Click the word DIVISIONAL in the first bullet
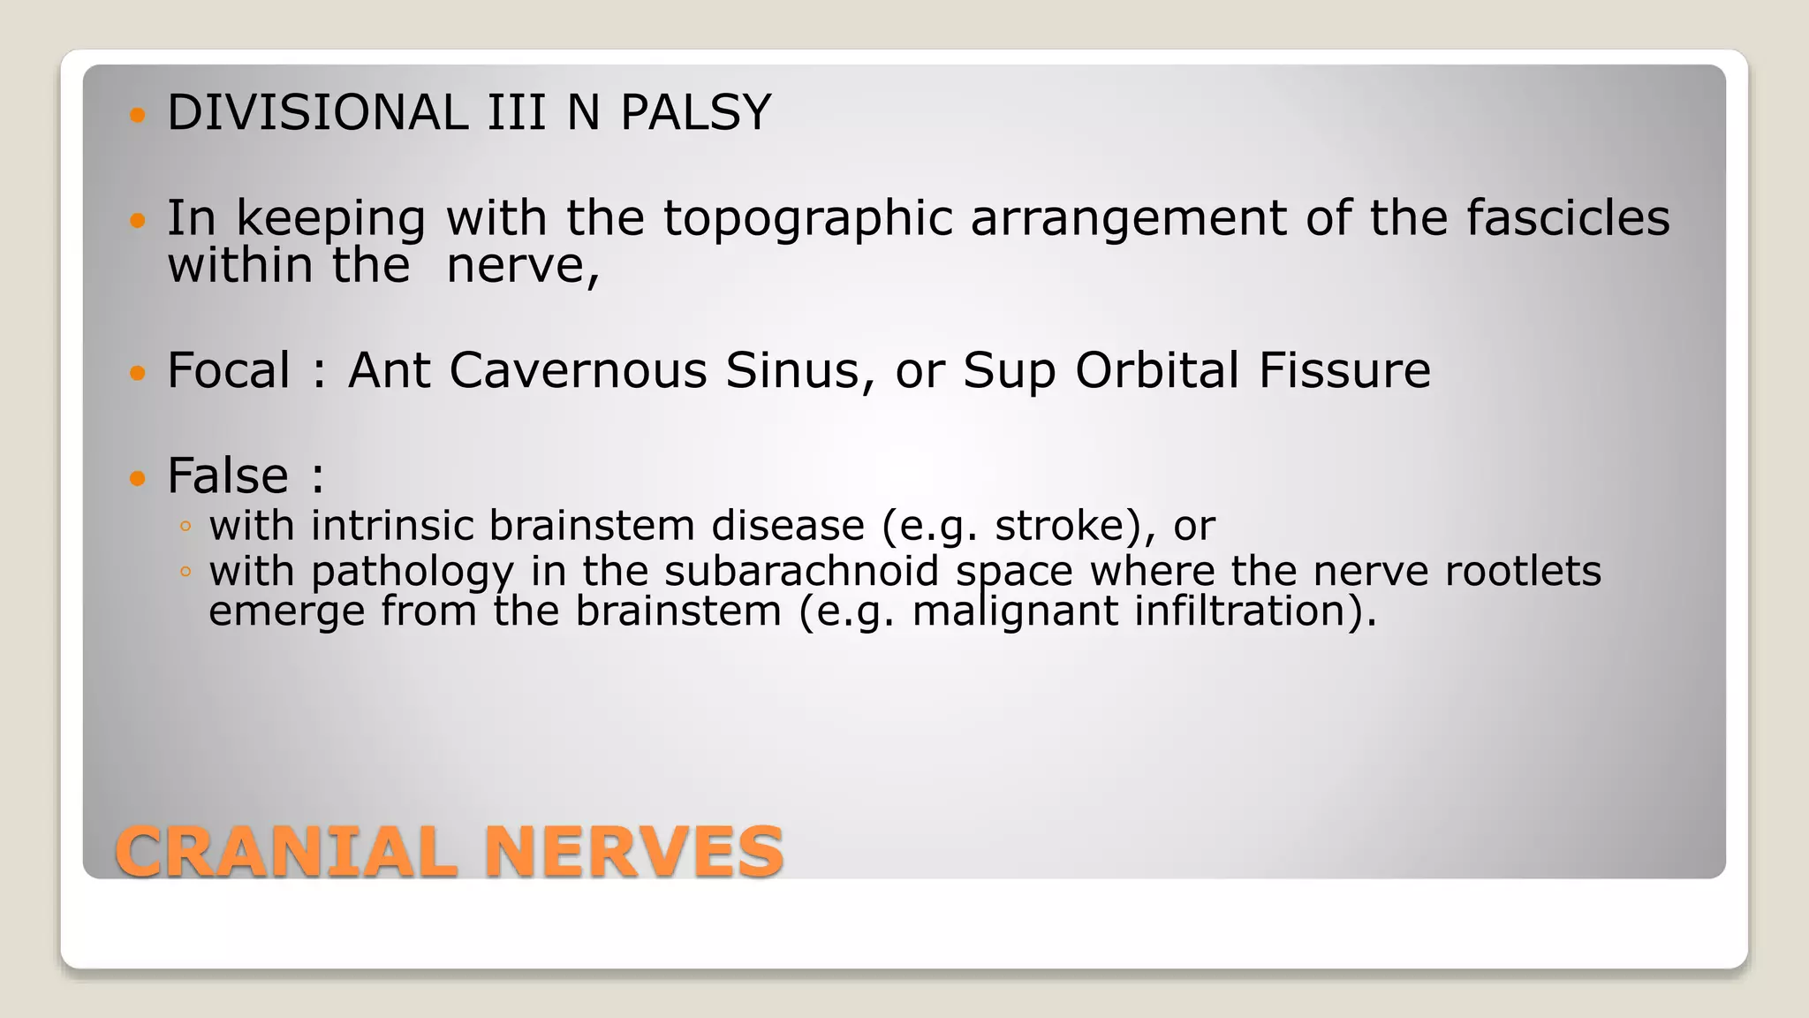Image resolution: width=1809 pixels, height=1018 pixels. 317,113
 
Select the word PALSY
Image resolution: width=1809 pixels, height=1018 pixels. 695,113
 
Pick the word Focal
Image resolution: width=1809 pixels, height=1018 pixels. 228,370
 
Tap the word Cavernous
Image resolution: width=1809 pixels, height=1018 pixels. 578,370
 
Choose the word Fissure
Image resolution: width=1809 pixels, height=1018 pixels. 1344,370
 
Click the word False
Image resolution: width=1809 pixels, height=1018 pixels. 228,476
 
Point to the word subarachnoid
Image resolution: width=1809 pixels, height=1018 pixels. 801,571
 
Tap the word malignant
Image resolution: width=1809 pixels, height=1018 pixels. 1015,612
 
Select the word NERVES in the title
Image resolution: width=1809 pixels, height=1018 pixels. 633,852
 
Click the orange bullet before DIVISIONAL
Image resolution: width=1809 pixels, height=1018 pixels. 136,115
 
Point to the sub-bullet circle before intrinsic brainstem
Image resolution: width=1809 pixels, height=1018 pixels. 185,528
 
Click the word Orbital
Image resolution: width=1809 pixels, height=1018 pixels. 1157,370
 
